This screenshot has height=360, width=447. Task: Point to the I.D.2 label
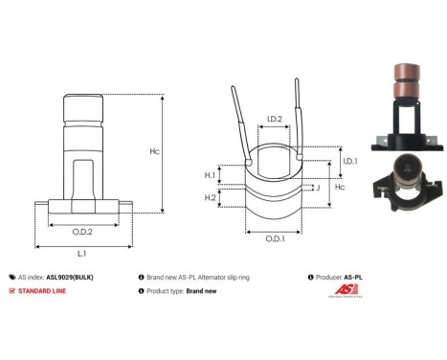(x=274, y=120)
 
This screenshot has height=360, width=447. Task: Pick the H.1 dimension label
(x=210, y=175)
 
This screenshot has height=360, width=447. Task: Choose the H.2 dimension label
(x=210, y=196)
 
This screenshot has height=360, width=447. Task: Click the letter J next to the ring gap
(x=317, y=189)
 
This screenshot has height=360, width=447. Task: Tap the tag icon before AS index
(x=11, y=275)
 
